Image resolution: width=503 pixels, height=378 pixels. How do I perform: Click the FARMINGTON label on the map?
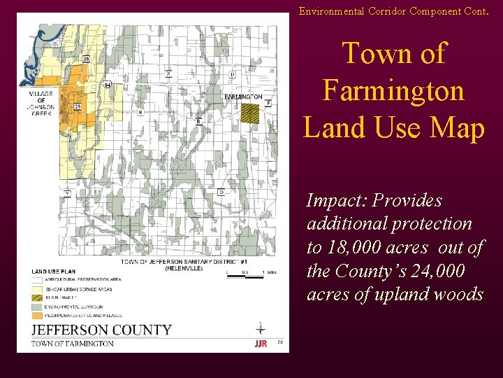tap(243, 97)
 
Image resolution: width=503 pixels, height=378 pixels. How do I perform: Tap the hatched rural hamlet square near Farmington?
tap(249, 113)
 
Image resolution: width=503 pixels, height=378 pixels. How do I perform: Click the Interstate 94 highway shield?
tap(107, 85)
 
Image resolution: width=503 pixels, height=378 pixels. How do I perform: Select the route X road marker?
tap(168, 73)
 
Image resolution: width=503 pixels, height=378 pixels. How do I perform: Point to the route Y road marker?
tap(66, 192)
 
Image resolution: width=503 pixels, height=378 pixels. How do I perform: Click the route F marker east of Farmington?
tap(268, 103)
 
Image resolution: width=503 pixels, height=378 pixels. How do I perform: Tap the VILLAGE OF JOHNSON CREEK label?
tap(41, 104)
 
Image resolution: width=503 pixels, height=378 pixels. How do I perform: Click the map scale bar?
tap(244, 276)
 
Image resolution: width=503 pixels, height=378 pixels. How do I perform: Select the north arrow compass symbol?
tap(261, 328)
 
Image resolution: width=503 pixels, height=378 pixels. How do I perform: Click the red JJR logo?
tap(261, 343)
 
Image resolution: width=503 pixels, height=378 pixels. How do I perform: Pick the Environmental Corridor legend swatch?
tap(38, 307)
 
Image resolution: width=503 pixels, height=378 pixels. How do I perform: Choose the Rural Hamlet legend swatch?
tap(38, 297)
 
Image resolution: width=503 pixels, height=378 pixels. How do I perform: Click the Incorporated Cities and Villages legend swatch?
tap(38, 315)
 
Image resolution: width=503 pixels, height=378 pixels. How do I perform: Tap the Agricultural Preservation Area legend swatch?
tap(38, 279)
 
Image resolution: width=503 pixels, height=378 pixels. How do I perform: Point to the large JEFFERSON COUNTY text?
tap(101, 330)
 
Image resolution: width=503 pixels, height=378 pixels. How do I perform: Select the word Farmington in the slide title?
tap(393, 90)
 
